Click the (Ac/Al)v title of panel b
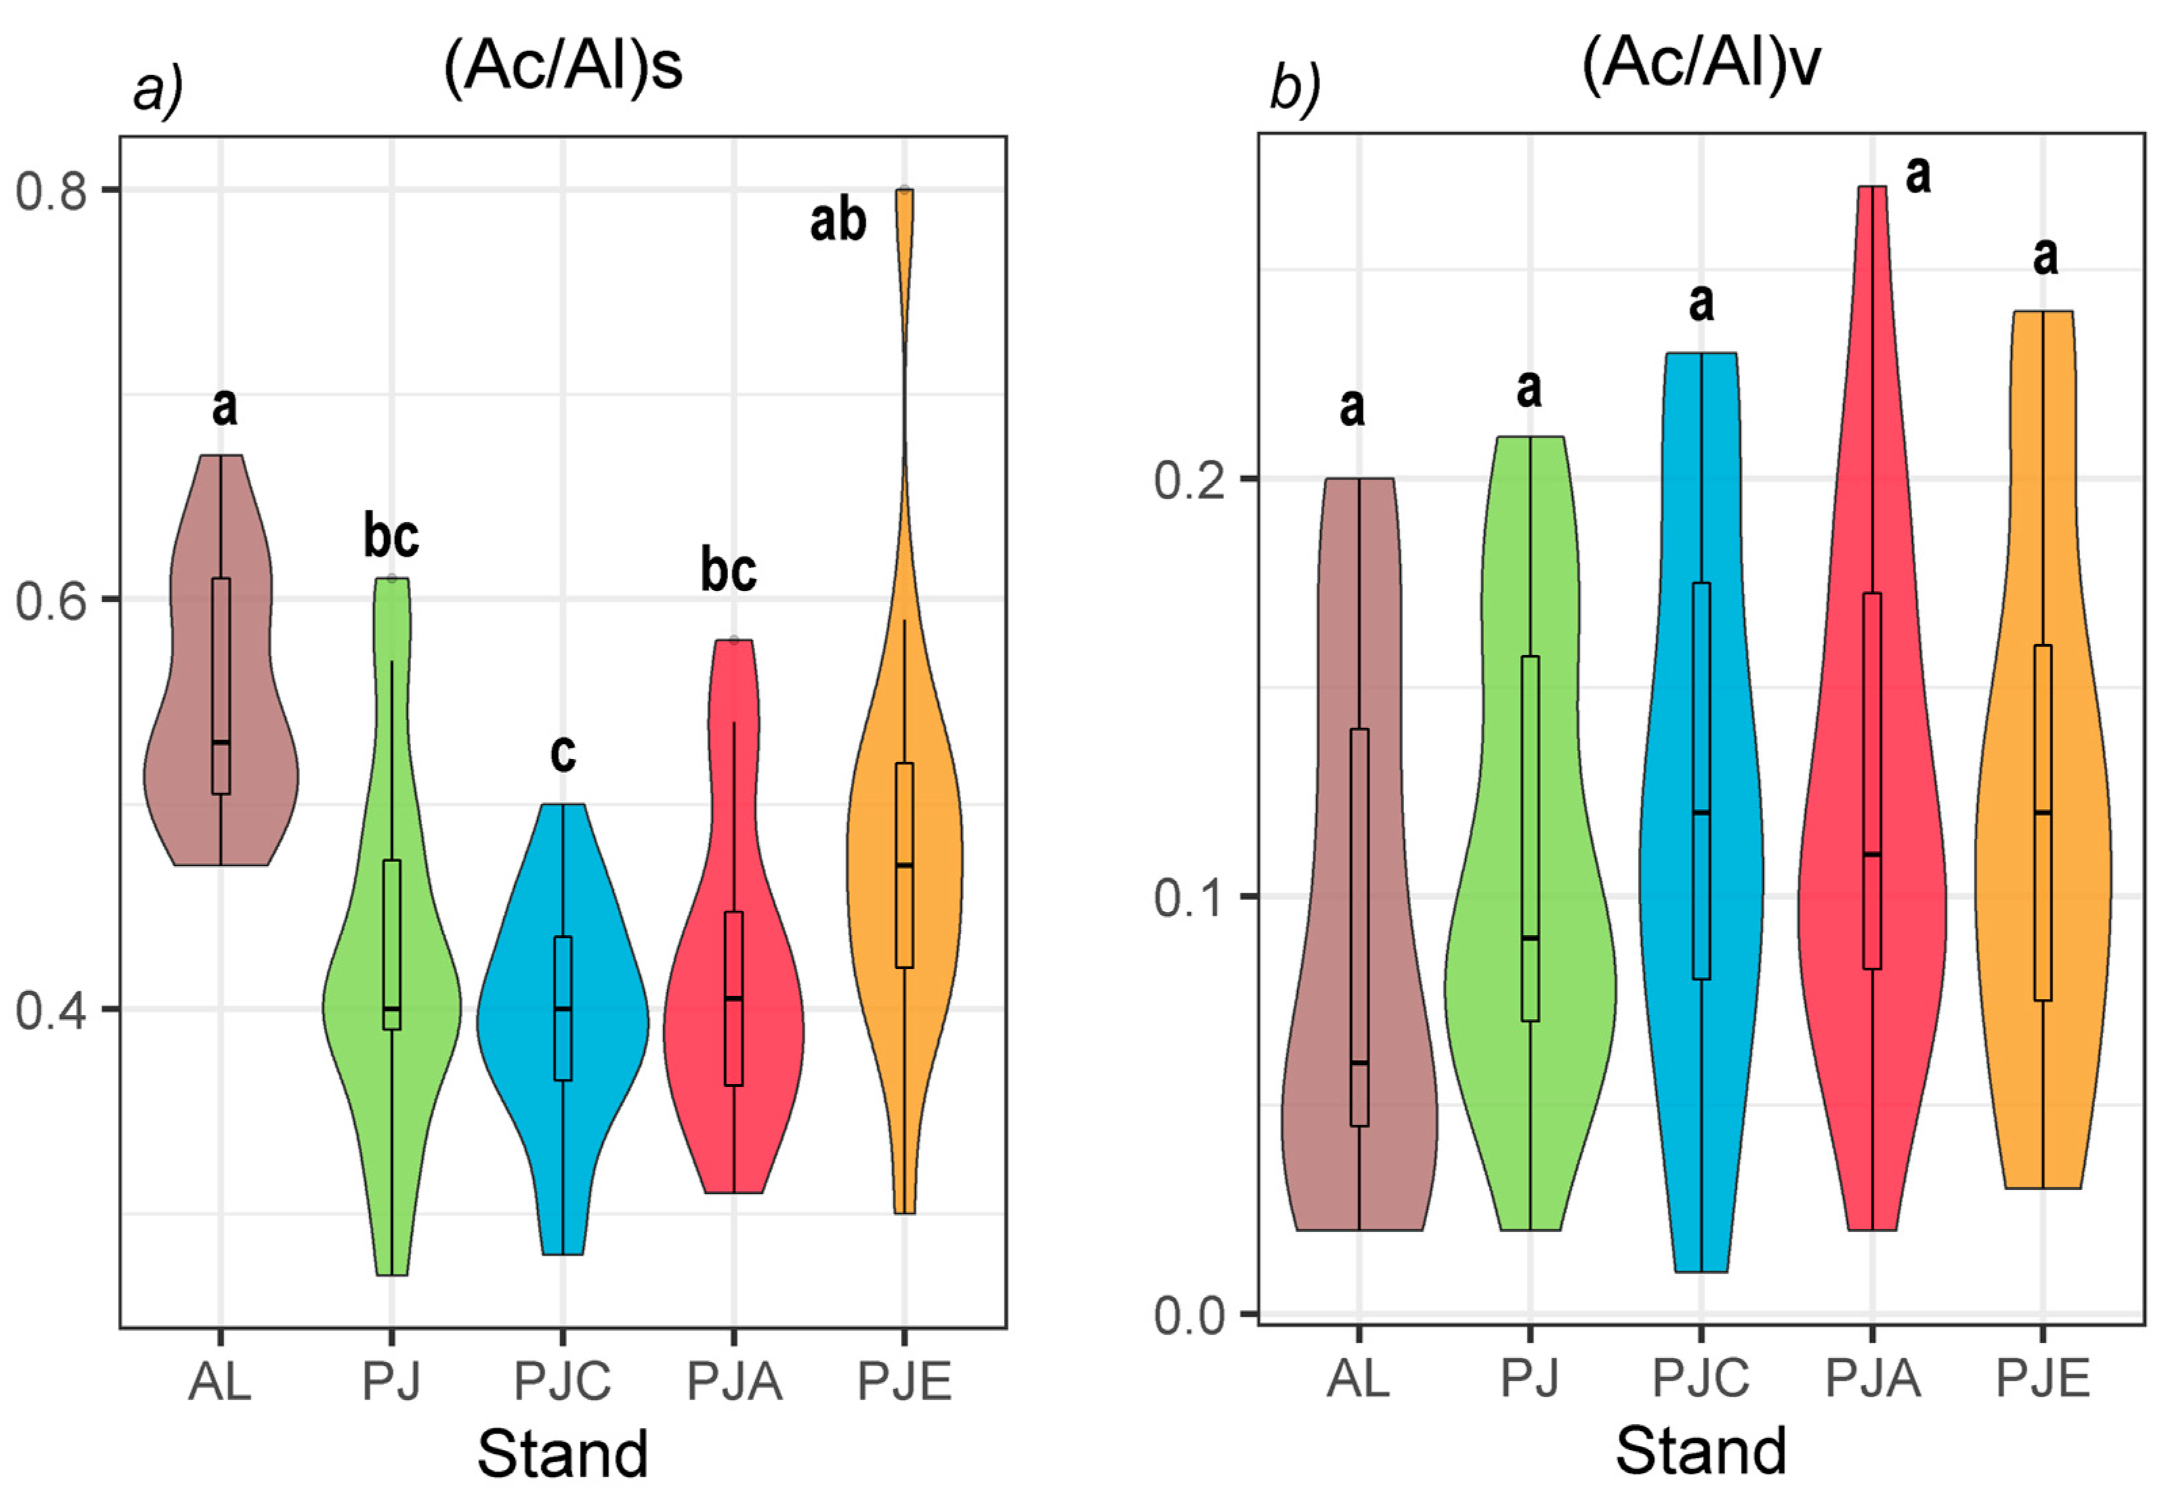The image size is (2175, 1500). click(1702, 66)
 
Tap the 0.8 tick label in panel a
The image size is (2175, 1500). click(51, 191)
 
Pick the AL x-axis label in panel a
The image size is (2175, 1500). click(220, 1381)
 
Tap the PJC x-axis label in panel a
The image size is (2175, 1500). click(562, 1381)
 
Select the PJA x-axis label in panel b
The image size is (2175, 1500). click(1872, 1379)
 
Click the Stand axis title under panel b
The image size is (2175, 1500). click(1702, 1450)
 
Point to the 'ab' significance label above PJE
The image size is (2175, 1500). click(837, 222)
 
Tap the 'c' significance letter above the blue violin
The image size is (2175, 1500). click(562, 753)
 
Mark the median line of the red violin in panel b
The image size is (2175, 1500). click(1872, 855)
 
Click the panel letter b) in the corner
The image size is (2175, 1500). click(1295, 90)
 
